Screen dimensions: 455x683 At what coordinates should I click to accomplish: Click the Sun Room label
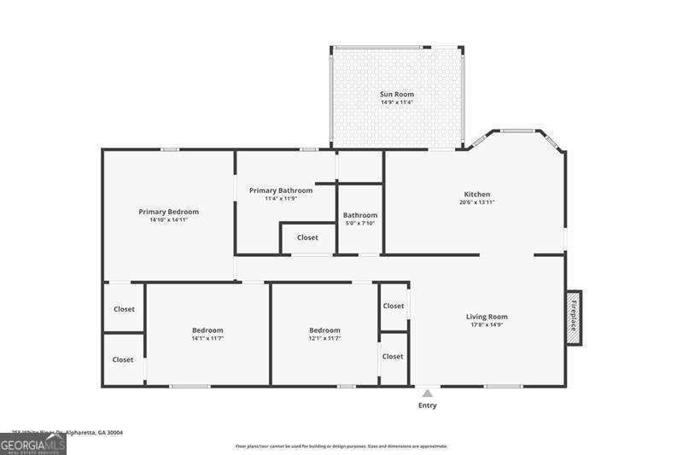point(396,94)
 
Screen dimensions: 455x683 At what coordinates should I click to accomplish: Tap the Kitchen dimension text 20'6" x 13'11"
point(476,202)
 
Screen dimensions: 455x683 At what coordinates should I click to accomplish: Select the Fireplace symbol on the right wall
point(575,318)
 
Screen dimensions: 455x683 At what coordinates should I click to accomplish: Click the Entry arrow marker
point(427,394)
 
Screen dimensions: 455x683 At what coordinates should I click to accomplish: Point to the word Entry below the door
point(427,405)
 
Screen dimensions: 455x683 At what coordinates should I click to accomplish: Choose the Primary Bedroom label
point(168,212)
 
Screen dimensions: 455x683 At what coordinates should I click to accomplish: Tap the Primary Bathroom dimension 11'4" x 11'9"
point(280,199)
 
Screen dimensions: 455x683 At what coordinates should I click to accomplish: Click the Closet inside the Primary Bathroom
point(307,237)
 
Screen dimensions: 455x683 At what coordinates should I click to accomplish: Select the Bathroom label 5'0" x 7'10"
point(359,219)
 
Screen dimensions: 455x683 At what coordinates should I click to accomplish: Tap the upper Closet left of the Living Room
point(394,306)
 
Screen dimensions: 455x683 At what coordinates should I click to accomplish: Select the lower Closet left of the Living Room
point(393,357)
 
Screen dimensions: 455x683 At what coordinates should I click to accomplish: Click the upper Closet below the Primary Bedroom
point(124,309)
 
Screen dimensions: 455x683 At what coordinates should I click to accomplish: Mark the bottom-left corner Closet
point(123,359)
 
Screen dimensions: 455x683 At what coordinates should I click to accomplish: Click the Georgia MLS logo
point(33,445)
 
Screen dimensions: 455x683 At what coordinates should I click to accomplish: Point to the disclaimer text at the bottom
point(341,446)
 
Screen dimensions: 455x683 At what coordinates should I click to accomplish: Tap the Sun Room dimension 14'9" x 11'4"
point(396,102)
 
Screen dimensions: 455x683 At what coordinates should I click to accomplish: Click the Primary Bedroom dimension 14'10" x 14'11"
point(168,220)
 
